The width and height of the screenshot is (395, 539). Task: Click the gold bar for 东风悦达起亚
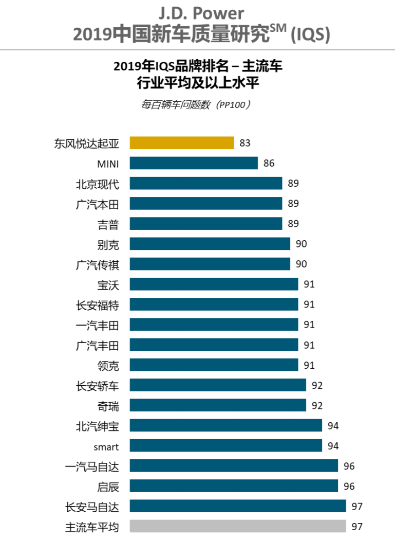(182, 142)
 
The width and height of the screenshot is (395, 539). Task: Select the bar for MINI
(194, 163)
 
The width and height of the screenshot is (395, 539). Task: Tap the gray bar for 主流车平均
(238, 526)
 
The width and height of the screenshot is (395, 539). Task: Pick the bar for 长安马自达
(238, 506)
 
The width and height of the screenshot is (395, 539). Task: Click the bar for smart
(226, 445)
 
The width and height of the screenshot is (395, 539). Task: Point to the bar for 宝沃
(214, 284)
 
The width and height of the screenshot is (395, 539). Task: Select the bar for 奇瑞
(218, 405)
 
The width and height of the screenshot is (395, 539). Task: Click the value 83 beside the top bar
(245, 143)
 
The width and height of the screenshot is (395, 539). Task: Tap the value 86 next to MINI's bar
(269, 164)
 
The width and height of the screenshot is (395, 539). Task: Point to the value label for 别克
(301, 244)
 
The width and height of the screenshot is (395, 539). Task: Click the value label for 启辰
(349, 486)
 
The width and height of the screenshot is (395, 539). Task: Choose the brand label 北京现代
(97, 184)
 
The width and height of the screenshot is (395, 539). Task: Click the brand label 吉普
(108, 224)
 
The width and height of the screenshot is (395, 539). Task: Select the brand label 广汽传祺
(97, 264)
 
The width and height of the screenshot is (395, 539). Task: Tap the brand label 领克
(108, 365)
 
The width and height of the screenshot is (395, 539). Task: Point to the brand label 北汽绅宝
(97, 426)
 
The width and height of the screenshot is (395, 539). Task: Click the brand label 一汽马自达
(92, 466)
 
